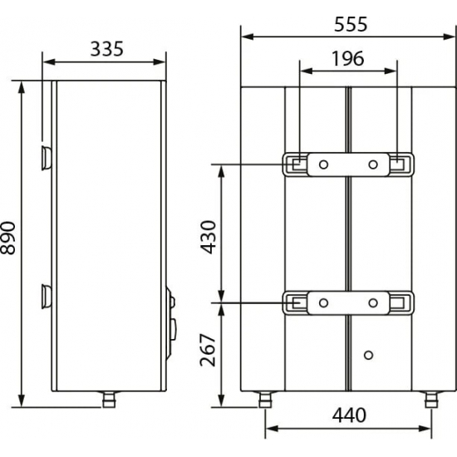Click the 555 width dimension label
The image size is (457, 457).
pos(351,24)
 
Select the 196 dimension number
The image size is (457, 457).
pos(348,58)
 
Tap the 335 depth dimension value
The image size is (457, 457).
pos(107,49)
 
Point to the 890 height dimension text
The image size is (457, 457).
pos(7,238)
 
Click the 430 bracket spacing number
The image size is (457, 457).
pos(209,238)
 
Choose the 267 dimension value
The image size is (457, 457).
pos(208,350)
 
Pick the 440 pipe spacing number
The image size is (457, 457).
pos(349,415)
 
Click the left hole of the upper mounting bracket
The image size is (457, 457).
pos(323,165)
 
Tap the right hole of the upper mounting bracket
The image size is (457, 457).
pos(373,165)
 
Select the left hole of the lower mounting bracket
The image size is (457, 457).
pos(323,302)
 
